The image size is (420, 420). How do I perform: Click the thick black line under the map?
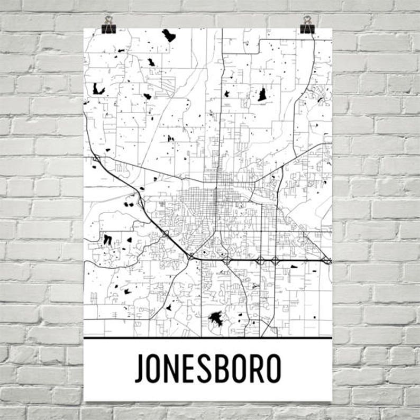(208, 337)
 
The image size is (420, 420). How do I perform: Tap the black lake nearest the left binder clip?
(169, 36)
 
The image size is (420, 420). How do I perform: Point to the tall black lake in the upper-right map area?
(262, 95)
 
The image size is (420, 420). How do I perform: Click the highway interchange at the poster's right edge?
(327, 261)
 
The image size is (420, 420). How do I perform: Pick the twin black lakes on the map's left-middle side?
(107, 240)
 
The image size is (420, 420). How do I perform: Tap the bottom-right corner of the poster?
(332, 400)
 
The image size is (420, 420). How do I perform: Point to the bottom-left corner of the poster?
(85, 400)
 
